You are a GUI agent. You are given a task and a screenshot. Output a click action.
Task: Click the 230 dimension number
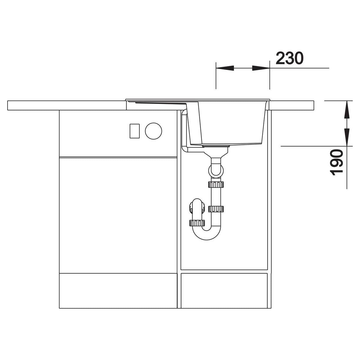click(x=289, y=58)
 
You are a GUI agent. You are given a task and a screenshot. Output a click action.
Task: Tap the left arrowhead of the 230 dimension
click(x=225, y=68)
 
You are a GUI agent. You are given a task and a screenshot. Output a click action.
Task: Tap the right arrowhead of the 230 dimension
click(x=261, y=68)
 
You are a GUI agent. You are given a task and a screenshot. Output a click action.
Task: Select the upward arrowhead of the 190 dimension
click(x=347, y=109)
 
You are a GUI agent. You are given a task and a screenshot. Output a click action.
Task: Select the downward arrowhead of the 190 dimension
click(x=347, y=137)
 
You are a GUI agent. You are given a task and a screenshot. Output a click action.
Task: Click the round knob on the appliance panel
click(x=154, y=131)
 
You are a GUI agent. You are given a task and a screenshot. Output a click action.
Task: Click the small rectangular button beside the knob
click(x=134, y=131)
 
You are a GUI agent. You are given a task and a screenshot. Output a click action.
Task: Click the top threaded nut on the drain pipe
click(x=216, y=184)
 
